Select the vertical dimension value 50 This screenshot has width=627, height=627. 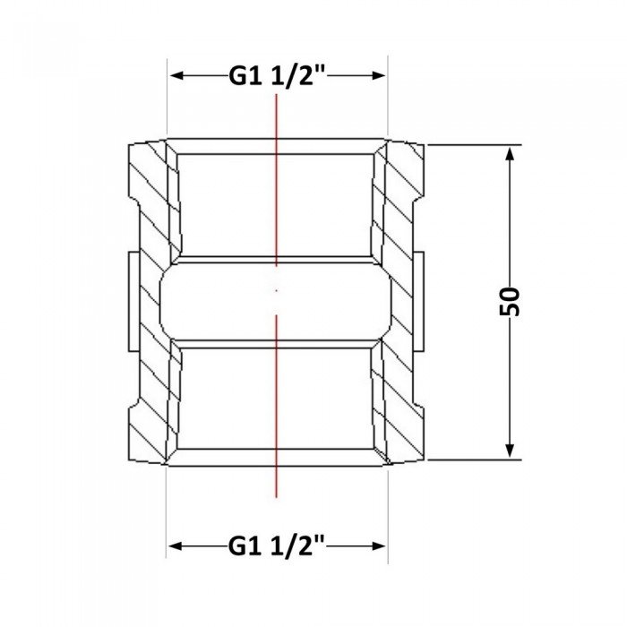click(510, 302)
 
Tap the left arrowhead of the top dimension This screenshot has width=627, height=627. click(176, 75)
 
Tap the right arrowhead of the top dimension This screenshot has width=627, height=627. click(378, 75)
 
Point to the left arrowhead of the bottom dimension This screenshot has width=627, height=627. click(176, 545)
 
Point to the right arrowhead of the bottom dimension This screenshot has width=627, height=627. click(378, 545)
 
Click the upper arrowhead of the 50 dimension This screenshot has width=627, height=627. click(510, 154)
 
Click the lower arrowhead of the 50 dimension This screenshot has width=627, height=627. click(510, 450)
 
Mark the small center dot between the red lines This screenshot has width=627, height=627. click(276, 291)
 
